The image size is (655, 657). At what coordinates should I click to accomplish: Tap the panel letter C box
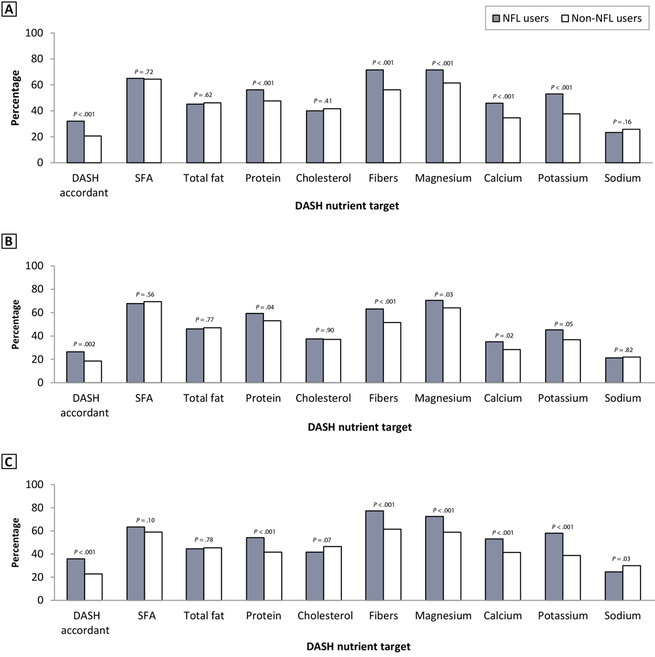(9, 462)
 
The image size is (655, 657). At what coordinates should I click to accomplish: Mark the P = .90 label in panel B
(322, 330)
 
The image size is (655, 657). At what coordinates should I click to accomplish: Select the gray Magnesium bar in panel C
(434, 558)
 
